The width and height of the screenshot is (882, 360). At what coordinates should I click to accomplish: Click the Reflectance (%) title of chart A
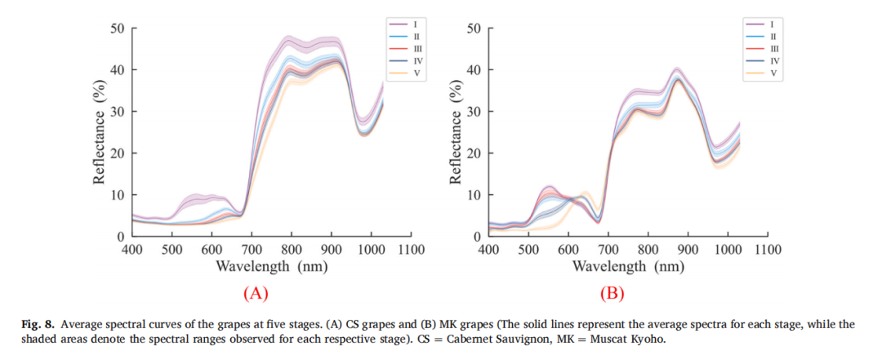pos(100,131)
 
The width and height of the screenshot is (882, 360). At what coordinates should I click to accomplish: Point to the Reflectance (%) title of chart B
pos(456,131)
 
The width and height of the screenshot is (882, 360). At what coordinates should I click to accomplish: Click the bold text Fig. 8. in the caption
pos(38,325)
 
